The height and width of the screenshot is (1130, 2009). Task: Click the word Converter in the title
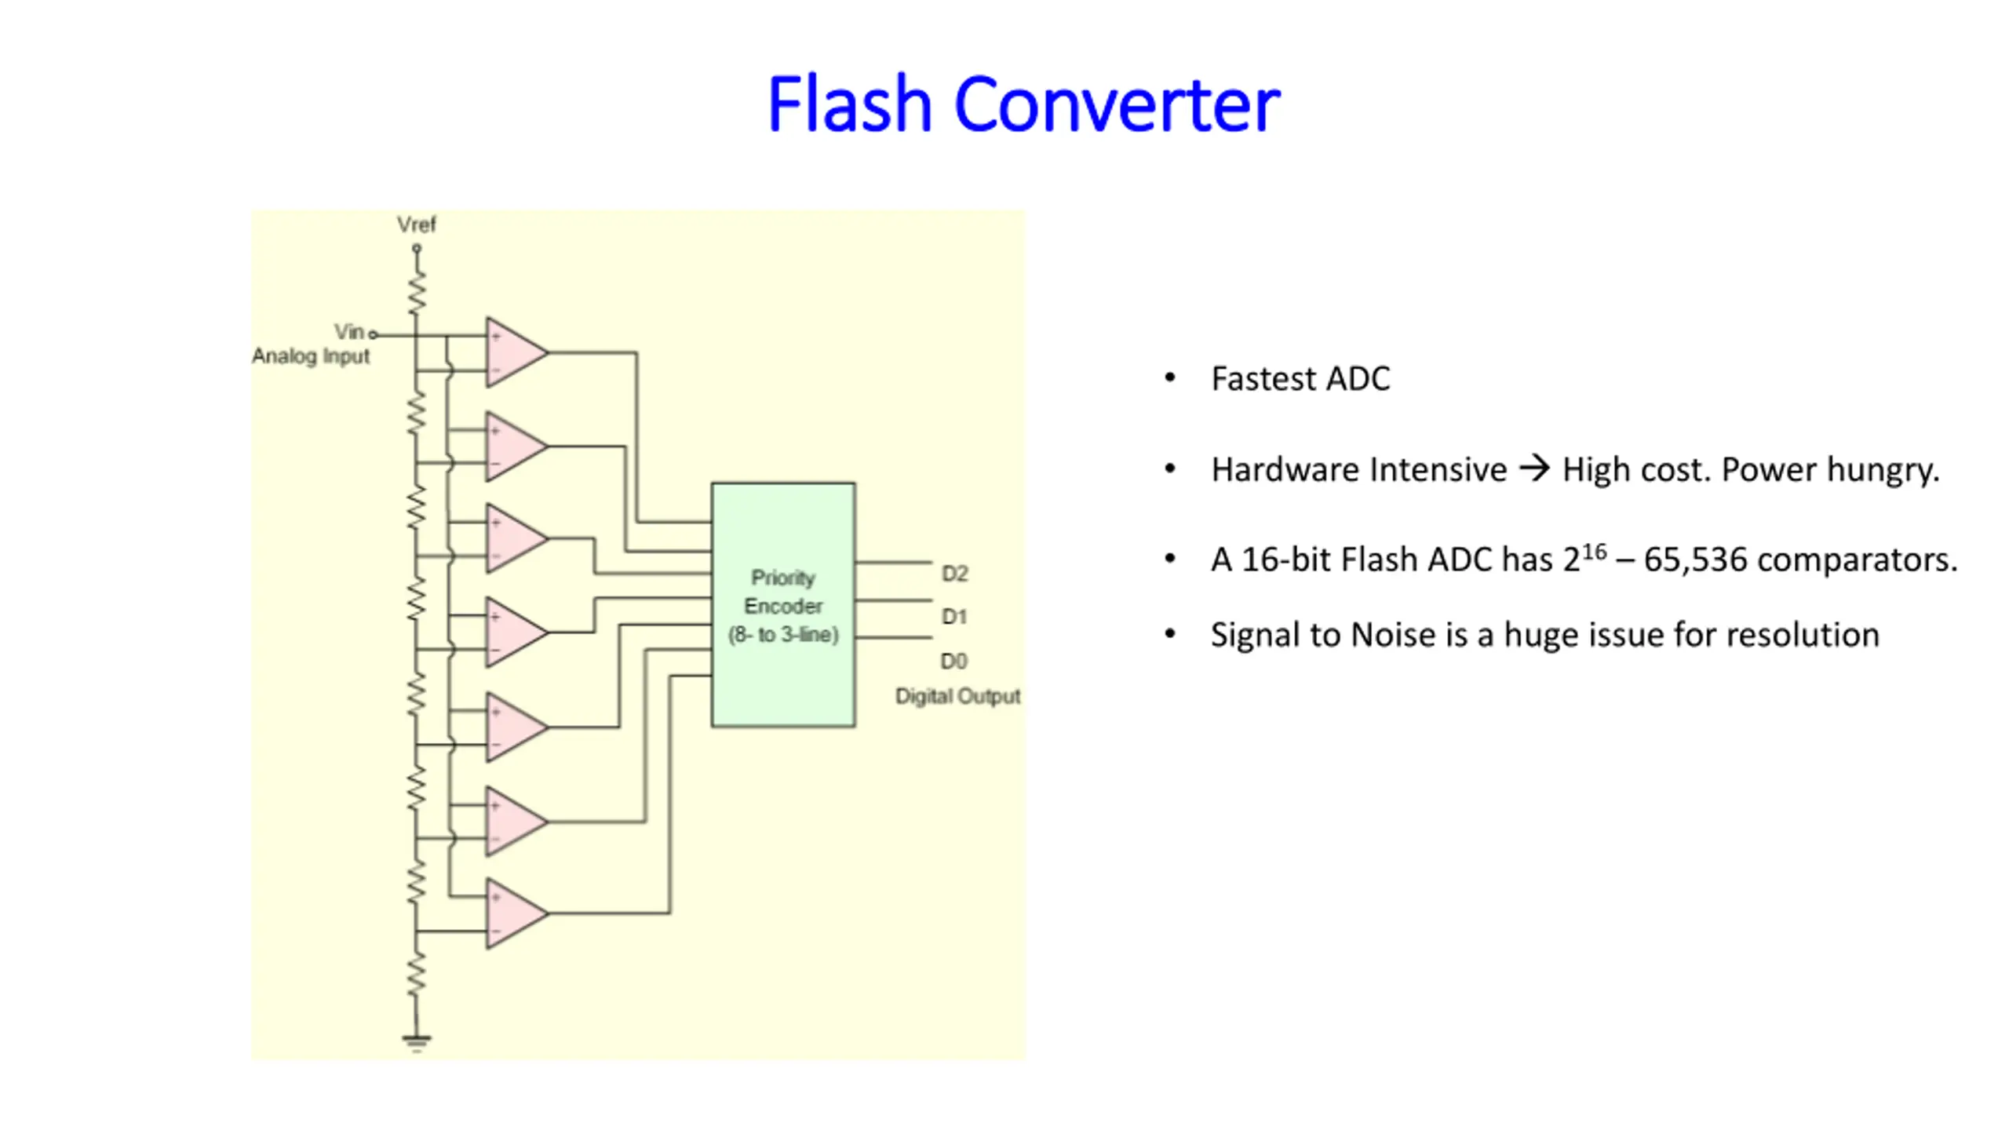(x=1117, y=104)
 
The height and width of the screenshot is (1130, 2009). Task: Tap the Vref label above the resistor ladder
(x=416, y=225)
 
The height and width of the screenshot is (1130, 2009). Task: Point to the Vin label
(x=348, y=332)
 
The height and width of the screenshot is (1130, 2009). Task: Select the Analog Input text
(x=311, y=357)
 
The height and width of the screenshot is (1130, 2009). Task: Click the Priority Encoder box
(x=783, y=604)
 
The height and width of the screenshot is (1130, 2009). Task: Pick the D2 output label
(x=954, y=574)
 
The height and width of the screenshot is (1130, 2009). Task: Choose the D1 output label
(x=954, y=617)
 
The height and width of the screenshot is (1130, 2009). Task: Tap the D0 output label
(x=954, y=661)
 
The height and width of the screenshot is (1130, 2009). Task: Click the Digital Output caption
(x=958, y=696)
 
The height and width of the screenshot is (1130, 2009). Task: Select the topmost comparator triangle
(x=516, y=352)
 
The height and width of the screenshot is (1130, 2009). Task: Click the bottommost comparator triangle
(x=516, y=913)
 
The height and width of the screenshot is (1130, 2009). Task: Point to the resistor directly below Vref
(x=417, y=292)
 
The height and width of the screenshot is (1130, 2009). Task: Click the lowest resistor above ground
(x=417, y=974)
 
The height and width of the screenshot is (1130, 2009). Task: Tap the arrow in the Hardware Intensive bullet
(x=1535, y=469)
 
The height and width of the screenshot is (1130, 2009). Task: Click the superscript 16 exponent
(x=1594, y=552)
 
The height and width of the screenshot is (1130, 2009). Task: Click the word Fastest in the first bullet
(x=1263, y=378)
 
